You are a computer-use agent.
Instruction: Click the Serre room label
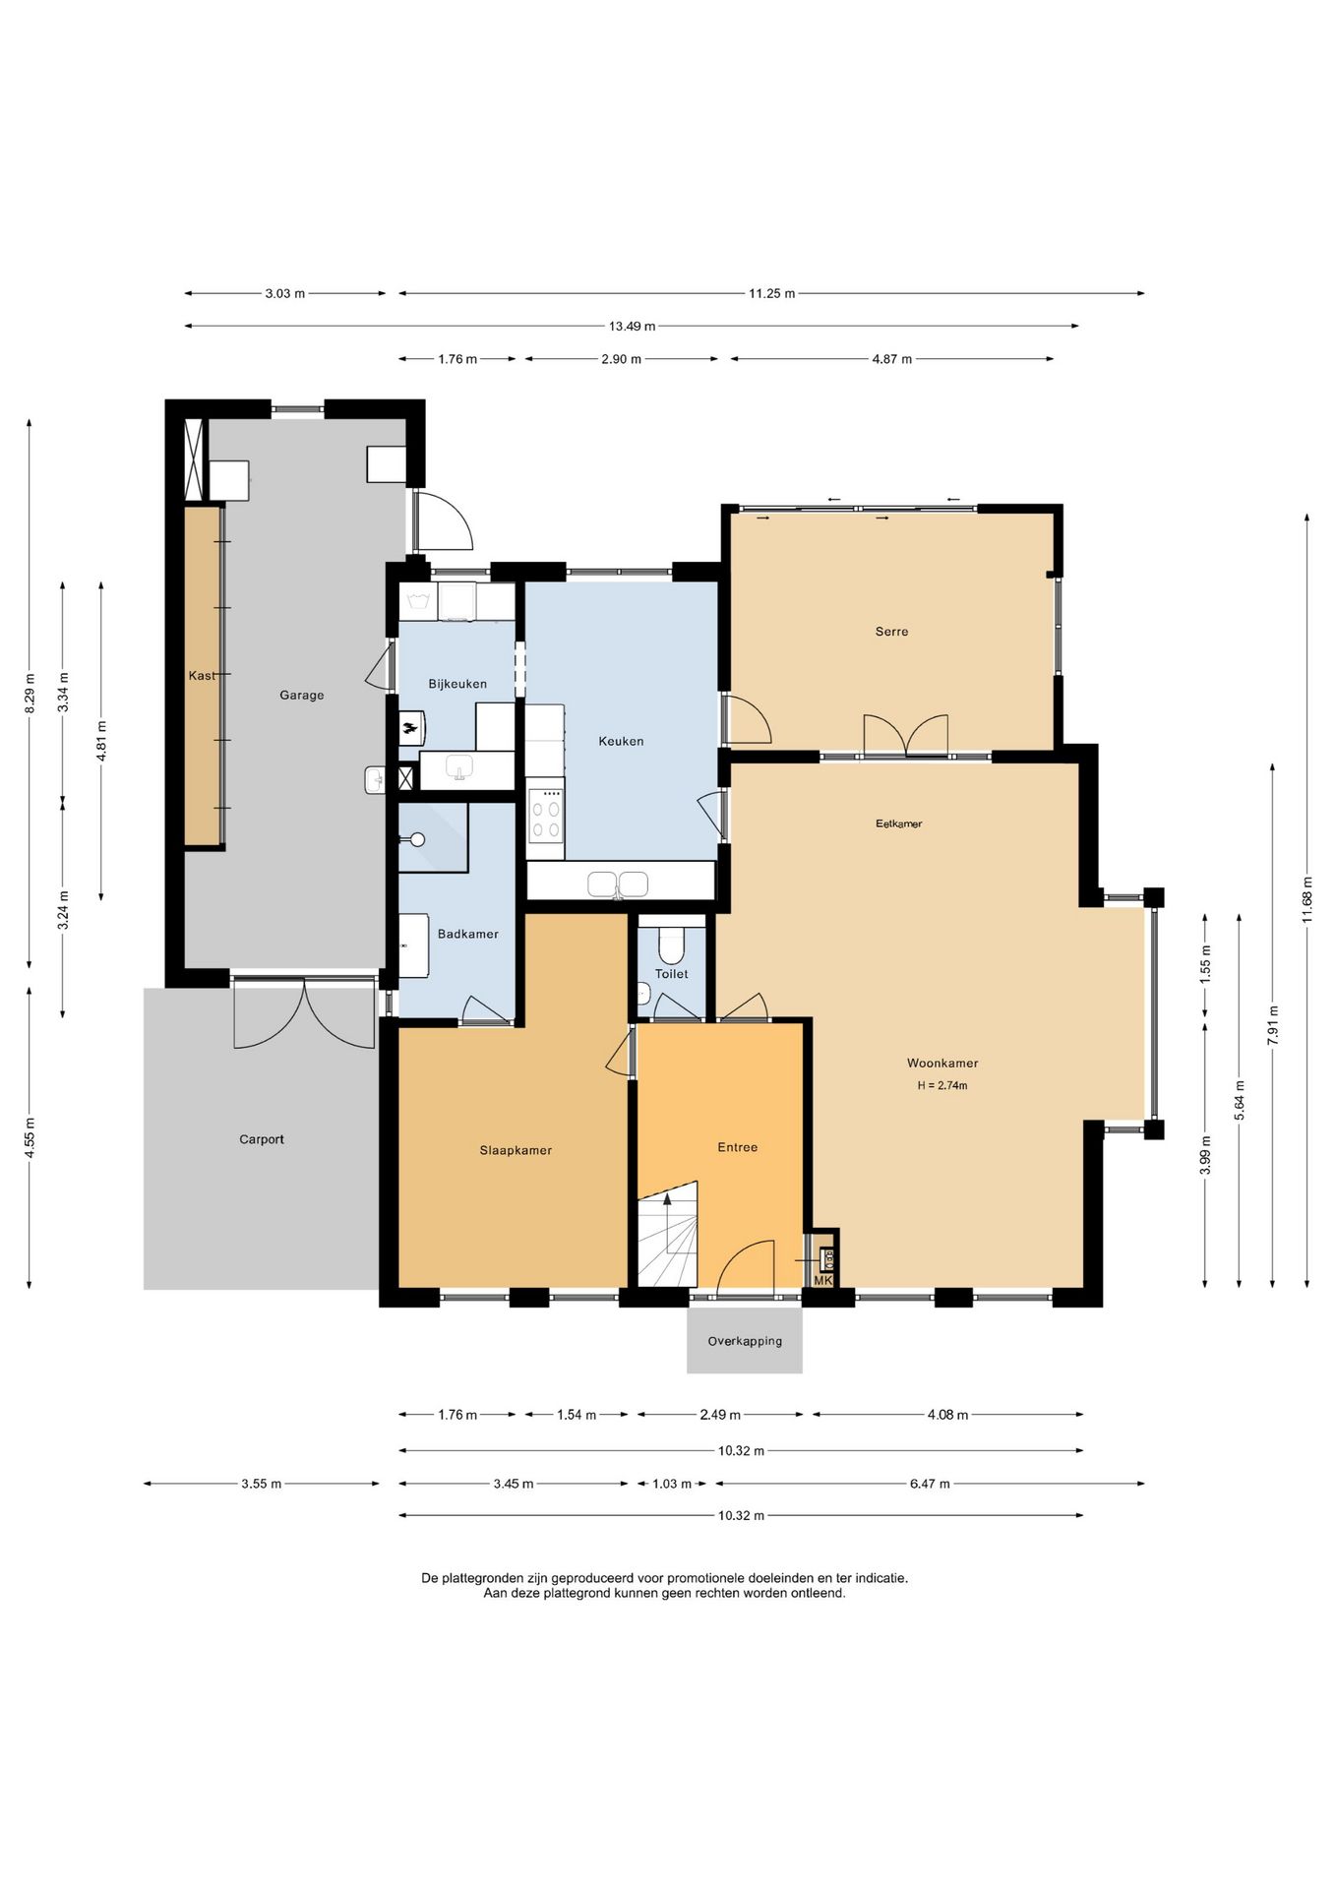pyautogui.click(x=891, y=632)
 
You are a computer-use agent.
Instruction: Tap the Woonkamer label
pyautogui.click(x=942, y=1063)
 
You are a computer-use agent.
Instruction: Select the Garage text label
pyautogui.click(x=301, y=695)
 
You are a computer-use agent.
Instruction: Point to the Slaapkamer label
pyautogui.click(x=516, y=1150)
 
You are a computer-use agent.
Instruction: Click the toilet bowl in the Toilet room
pyautogui.click(x=671, y=945)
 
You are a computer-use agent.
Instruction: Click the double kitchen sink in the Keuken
pyautogui.click(x=618, y=884)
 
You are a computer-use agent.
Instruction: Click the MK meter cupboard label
pyautogui.click(x=823, y=1280)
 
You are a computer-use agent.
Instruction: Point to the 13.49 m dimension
pyautogui.click(x=632, y=326)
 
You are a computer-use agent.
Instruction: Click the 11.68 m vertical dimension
pyautogui.click(x=1306, y=899)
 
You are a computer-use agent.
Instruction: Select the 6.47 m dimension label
pyautogui.click(x=930, y=1484)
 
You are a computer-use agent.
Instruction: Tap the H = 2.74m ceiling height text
pyautogui.click(x=942, y=1086)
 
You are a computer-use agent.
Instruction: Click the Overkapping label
pyautogui.click(x=745, y=1341)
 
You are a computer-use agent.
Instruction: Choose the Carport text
pyautogui.click(x=262, y=1139)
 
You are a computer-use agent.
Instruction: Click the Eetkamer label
pyautogui.click(x=899, y=823)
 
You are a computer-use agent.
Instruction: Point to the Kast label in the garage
pyautogui.click(x=202, y=676)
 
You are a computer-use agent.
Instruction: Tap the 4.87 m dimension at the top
pyautogui.click(x=891, y=359)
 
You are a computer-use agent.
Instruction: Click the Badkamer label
pyautogui.click(x=468, y=934)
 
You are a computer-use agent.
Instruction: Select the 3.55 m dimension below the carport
pyautogui.click(x=261, y=1484)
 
